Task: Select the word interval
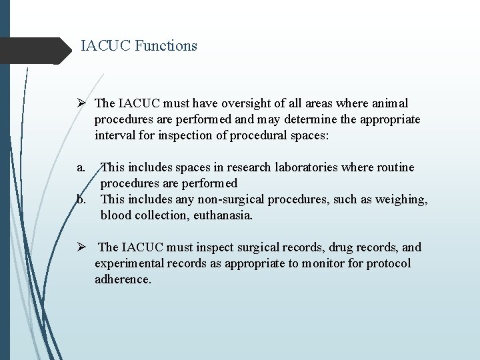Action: [115, 136]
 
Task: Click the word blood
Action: [117, 215]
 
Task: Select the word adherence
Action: [123, 279]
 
